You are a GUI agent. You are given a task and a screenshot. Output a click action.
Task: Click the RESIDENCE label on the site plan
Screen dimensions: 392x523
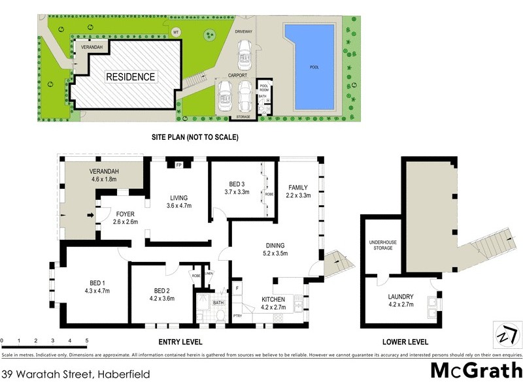[131, 77]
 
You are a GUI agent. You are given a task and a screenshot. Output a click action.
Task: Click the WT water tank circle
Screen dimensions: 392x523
[175, 32]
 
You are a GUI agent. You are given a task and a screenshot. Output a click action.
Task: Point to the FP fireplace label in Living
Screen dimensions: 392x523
[178, 165]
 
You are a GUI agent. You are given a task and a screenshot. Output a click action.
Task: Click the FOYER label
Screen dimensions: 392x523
[126, 213]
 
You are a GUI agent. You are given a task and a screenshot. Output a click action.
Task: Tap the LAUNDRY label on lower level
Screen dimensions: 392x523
[401, 295]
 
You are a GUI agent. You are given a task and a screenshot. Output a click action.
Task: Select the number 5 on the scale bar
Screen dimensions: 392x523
[86, 341]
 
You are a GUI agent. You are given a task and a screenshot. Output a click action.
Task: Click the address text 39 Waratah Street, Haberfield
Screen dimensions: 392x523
[76, 374]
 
